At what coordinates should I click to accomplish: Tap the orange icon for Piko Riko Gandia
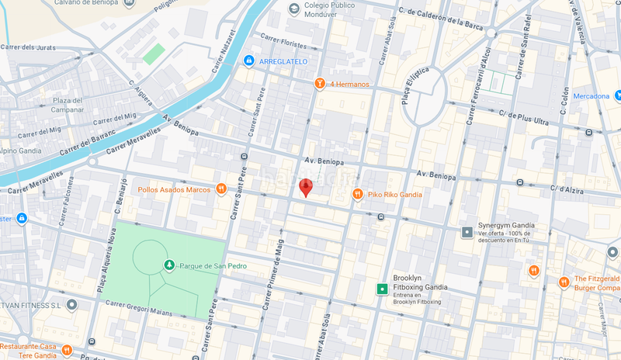(x=358, y=194)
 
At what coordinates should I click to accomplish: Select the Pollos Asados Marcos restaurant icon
(x=221, y=189)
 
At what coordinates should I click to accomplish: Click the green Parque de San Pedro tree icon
(x=169, y=266)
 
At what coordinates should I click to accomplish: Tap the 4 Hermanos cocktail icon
(x=318, y=84)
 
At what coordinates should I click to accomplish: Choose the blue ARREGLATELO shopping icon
(x=248, y=61)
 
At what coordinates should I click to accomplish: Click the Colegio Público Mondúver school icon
(x=293, y=9)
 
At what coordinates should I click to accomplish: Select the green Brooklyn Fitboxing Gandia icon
(x=382, y=289)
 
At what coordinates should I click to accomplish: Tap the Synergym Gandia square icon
(x=467, y=232)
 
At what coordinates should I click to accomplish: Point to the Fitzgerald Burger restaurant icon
(x=564, y=282)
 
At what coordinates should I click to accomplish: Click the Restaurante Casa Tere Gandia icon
(x=68, y=350)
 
